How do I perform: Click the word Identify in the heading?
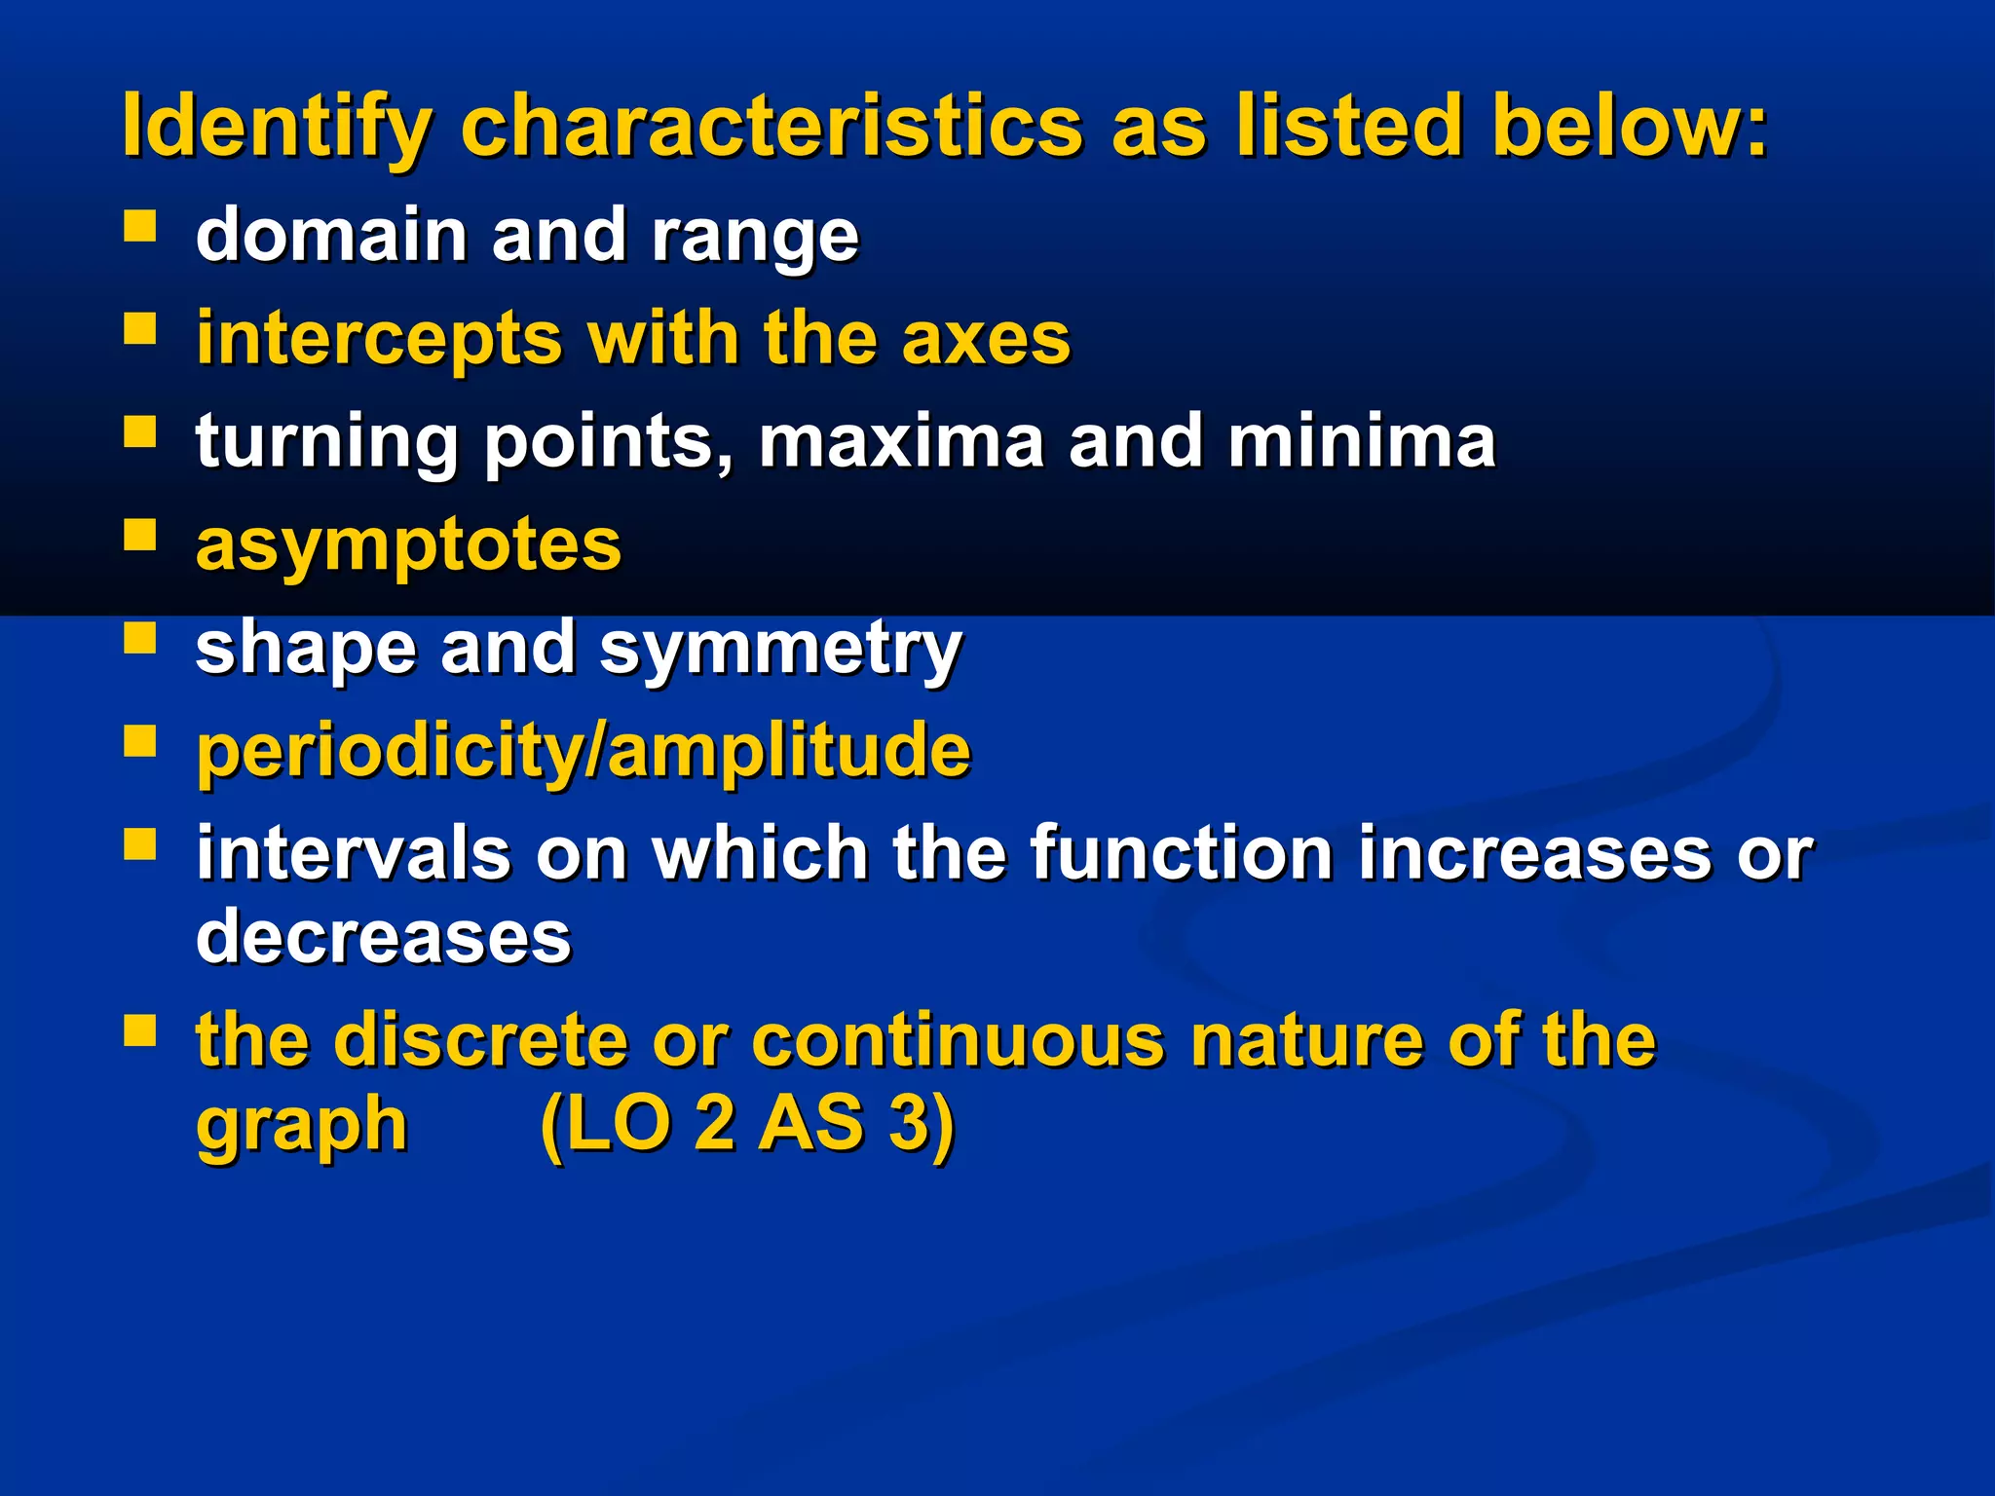[276, 127]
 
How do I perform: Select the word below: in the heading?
[1628, 127]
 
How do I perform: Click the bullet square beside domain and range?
[140, 227]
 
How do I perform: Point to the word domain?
[331, 235]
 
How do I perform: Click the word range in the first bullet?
[755, 237]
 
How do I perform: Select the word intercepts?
[379, 339]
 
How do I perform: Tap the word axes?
[985, 339]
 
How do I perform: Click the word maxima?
[901, 441]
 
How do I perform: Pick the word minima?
[1361, 441]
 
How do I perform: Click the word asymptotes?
[408, 545]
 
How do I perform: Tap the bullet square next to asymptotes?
[140, 535]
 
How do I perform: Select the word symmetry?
[780, 649]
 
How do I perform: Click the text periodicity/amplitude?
[583, 751]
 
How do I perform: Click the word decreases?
[383, 936]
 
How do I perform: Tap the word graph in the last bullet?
[301, 1125]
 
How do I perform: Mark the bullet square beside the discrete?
[140, 1029]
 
